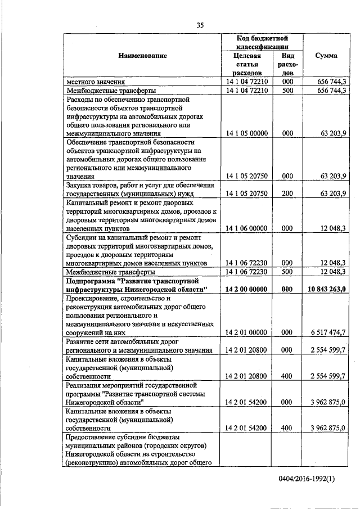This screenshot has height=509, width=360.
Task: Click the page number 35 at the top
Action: (200, 24)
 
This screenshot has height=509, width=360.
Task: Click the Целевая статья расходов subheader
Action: (246, 64)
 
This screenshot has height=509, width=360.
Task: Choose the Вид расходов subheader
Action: (287, 64)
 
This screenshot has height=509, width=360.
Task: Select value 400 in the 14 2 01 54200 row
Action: (287, 427)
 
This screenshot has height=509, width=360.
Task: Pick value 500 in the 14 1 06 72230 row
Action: (287, 272)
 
